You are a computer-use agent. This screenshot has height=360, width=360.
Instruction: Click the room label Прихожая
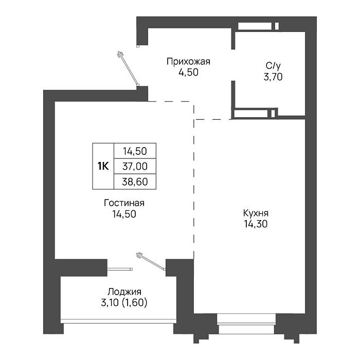pyautogui.click(x=188, y=62)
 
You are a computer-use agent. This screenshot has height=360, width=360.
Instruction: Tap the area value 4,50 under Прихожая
pyautogui.click(x=189, y=73)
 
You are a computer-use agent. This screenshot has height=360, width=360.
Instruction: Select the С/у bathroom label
pyautogui.click(x=273, y=66)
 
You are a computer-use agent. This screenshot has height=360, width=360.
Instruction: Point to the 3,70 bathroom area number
pyautogui.click(x=273, y=77)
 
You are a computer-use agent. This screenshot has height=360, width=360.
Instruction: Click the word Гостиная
pyautogui.click(x=124, y=203)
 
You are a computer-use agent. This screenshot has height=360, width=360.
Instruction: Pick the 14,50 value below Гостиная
pyautogui.click(x=124, y=214)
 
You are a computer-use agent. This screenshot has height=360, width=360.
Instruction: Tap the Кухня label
pyautogui.click(x=256, y=213)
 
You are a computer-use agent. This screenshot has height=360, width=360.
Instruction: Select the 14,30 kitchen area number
pyautogui.click(x=256, y=224)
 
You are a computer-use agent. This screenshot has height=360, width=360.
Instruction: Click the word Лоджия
pyautogui.click(x=124, y=292)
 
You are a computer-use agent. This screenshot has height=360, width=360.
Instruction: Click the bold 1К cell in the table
pyautogui.click(x=103, y=166)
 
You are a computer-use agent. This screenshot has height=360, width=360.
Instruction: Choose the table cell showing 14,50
pyautogui.click(x=135, y=151)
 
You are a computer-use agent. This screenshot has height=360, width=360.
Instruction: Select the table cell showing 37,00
pyautogui.click(x=135, y=166)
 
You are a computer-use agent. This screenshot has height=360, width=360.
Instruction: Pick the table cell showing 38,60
pyautogui.click(x=135, y=182)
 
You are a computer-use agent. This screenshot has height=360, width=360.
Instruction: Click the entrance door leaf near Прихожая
pyautogui.click(x=128, y=68)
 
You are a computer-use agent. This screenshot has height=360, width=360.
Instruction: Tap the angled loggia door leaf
pyautogui.click(x=151, y=261)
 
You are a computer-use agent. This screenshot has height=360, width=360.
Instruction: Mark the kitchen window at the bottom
pyautogui.click(x=246, y=323)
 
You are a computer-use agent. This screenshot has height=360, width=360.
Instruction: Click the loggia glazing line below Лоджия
pyautogui.click(x=118, y=321)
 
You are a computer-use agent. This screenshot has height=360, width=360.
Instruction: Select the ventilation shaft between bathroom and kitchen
pyautogui.click(x=255, y=114)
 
